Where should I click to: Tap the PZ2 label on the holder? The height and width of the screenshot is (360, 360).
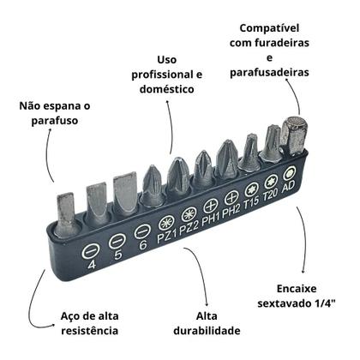tap(189, 228)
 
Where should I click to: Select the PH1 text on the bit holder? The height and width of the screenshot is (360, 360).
tap(211, 219)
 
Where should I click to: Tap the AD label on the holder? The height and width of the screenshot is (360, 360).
tap(288, 187)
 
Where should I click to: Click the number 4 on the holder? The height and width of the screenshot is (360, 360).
tap(92, 265)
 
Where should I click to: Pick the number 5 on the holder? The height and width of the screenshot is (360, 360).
tap(117, 255)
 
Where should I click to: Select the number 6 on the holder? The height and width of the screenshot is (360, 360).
tap(143, 245)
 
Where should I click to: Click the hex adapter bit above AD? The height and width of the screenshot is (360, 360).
tap(292, 135)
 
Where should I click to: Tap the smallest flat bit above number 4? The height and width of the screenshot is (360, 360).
tap(66, 212)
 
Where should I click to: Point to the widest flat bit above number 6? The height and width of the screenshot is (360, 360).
tap(125, 192)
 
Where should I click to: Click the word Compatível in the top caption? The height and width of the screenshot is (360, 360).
tap(269, 28)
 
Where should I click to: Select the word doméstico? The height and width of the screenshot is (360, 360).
tap(167, 89)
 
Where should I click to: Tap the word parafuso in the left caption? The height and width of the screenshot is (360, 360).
tap(55, 121)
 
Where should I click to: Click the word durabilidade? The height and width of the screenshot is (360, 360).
tap(207, 331)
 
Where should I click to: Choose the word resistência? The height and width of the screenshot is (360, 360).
tap(90, 331)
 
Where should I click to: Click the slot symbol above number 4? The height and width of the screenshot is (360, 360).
tap(90, 251)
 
